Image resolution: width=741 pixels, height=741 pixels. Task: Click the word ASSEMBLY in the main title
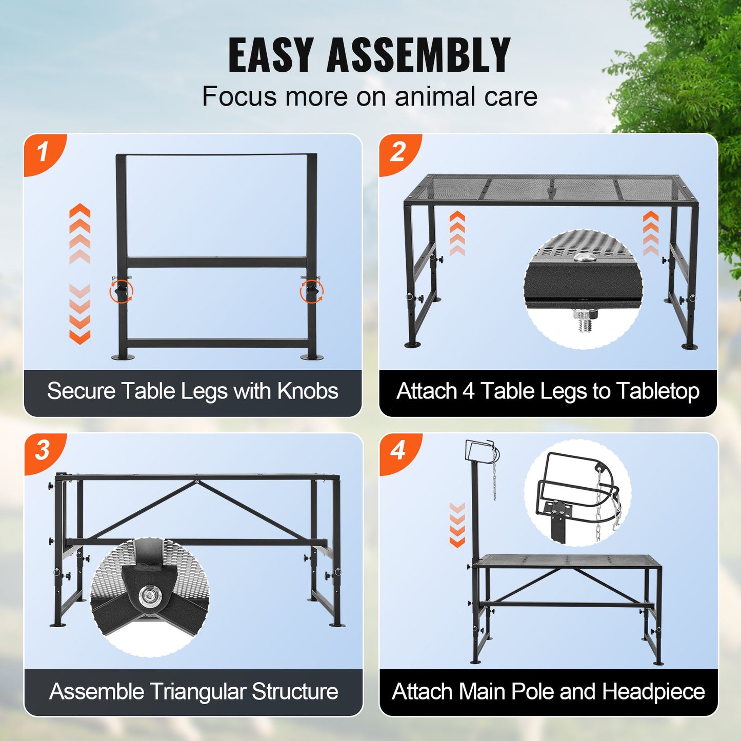pyautogui.click(x=418, y=55)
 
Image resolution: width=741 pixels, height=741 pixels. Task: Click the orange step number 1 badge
pyautogui.click(x=43, y=152)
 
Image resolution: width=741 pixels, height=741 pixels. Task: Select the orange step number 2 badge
pyautogui.click(x=398, y=152)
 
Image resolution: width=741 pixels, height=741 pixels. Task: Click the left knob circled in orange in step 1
pyautogui.click(x=121, y=291)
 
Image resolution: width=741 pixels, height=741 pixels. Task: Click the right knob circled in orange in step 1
pyautogui.click(x=312, y=291)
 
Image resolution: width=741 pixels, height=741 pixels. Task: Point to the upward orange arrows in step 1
pyautogui.click(x=80, y=233)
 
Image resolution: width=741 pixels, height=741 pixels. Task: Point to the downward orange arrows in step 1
pyautogui.click(x=80, y=314)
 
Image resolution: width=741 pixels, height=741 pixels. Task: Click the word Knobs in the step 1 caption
pyautogui.click(x=308, y=391)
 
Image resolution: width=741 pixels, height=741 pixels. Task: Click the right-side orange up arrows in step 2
pyautogui.click(x=651, y=233)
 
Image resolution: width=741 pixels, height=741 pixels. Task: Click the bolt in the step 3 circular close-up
pyautogui.click(x=150, y=595)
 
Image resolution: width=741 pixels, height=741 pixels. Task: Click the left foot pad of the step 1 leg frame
pyautogui.click(x=123, y=356)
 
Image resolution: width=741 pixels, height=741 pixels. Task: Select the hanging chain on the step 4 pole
pyautogui.click(x=495, y=474)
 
